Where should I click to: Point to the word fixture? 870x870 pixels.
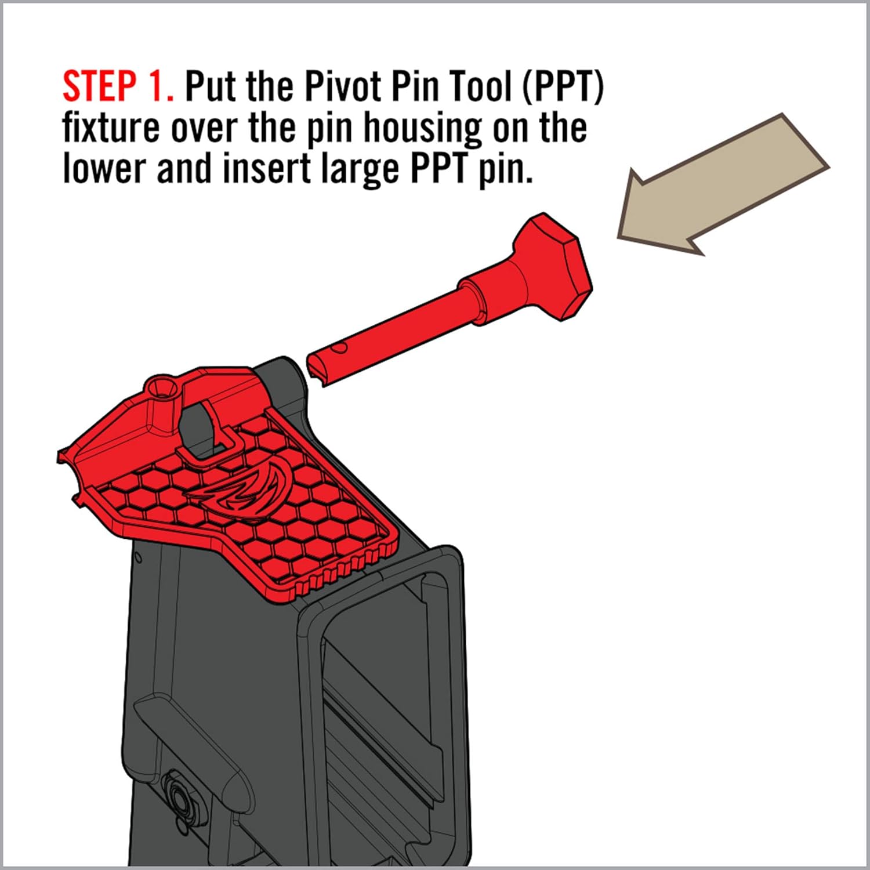tap(110, 128)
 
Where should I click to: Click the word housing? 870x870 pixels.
tap(422, 128)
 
